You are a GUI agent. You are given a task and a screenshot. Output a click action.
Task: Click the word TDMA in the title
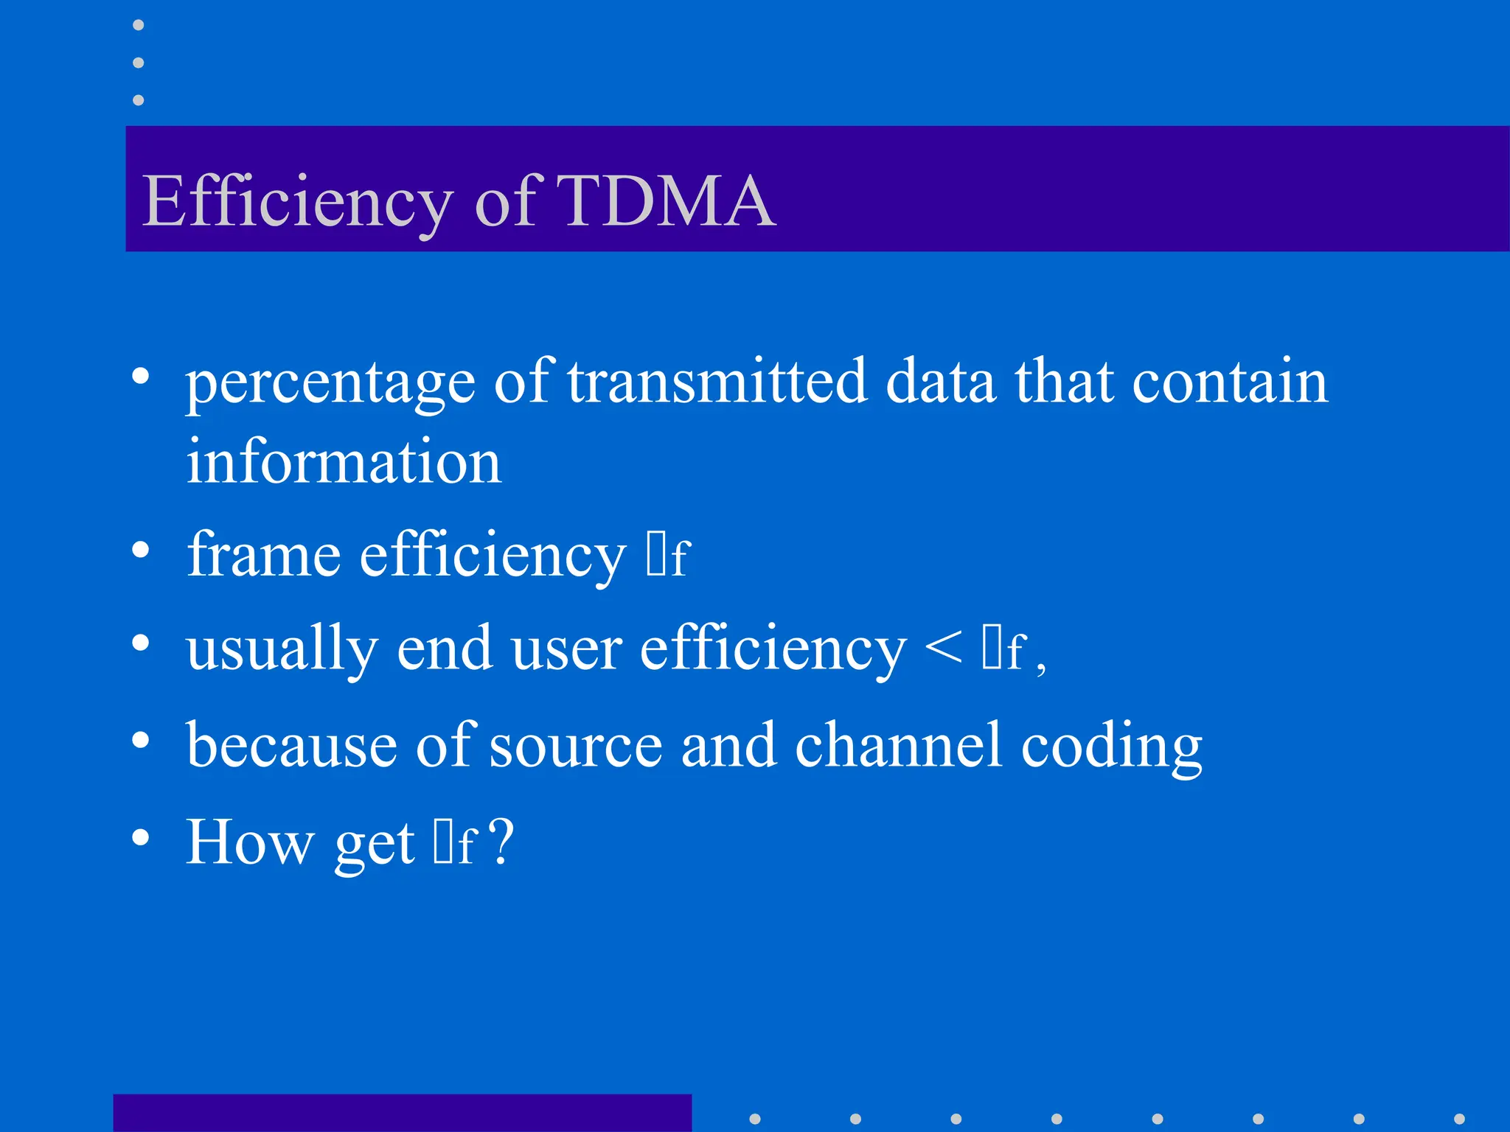pyautogui.click(x=667, y=200)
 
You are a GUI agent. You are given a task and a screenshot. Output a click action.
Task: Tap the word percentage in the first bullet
pyautogui.click(x=330, y=383)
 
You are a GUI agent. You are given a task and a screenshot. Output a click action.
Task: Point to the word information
pyautogui.click(x=344, y=461)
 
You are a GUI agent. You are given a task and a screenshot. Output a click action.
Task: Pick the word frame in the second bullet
pyautogui.click(x=263, y=554)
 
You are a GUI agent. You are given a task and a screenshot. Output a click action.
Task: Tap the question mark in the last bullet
pyautogui.click(x=501, y=842)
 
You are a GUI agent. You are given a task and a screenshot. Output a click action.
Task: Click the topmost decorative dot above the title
pyautogui.click(x=138, y=25)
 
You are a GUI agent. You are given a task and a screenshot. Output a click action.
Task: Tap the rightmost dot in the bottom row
pyautogui.click(x=1459, y=1119)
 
